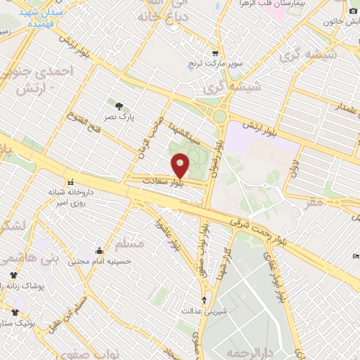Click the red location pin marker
click(181, 166)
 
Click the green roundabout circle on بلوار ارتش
click(220, 117)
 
